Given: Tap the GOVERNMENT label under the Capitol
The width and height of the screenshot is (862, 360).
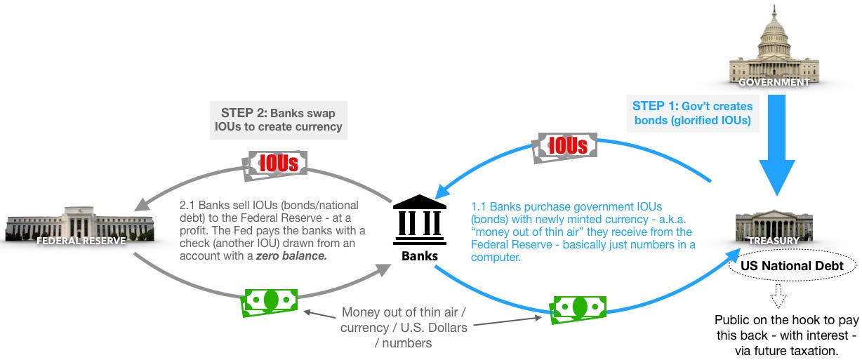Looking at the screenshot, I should pos(774,82).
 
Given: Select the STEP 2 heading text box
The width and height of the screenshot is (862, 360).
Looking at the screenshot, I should pos(279,119).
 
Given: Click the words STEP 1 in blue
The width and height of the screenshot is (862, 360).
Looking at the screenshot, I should pos(656,106).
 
